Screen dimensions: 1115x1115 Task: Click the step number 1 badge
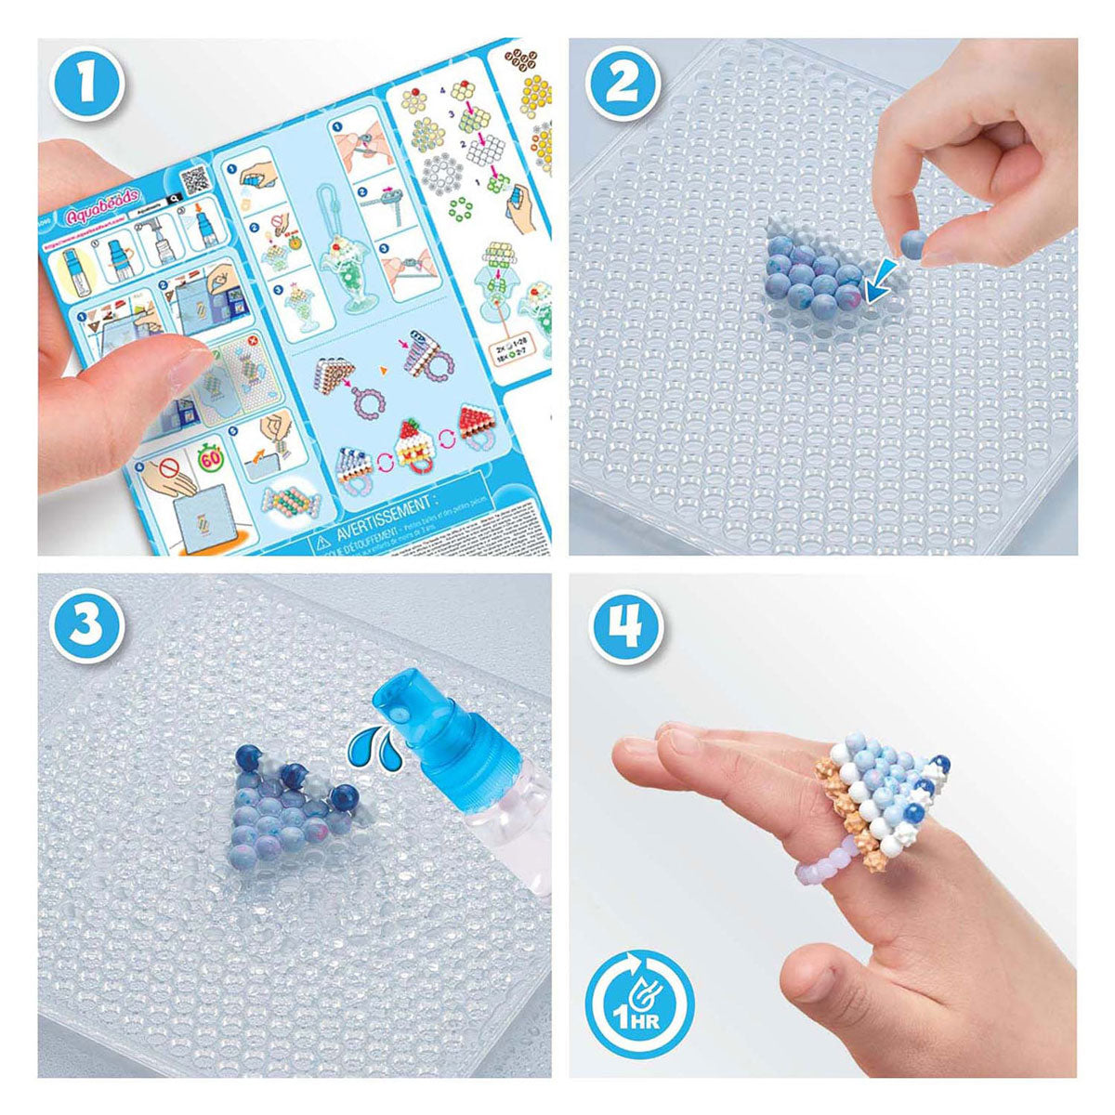pos(85,82)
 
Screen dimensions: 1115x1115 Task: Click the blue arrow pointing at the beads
pos(880,283)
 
